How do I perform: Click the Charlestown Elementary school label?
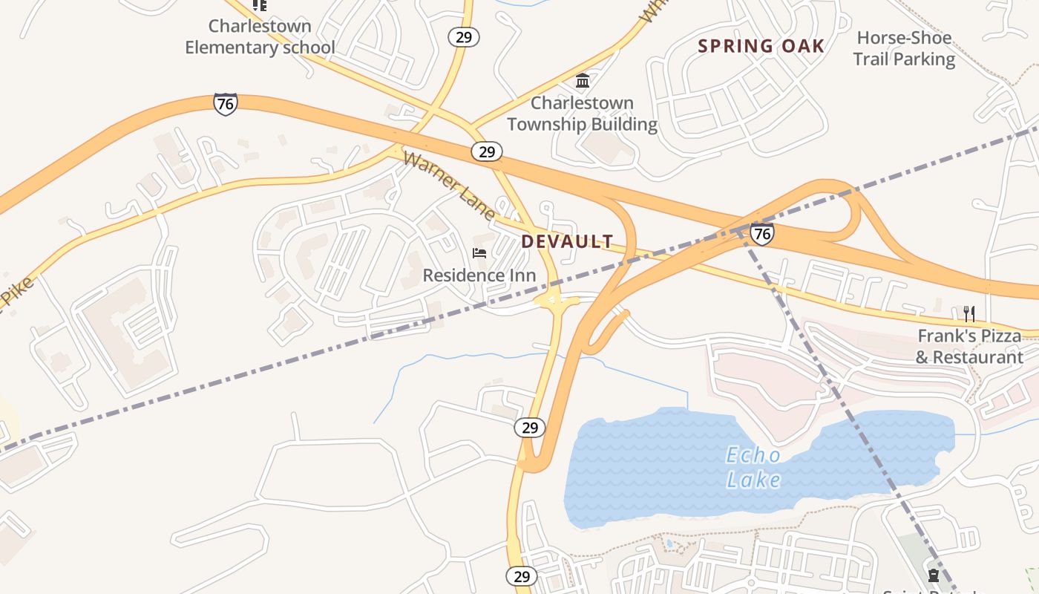pyautogui.click(x=260, y=36)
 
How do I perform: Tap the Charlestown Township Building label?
pyautogui.click(x=583, y=113)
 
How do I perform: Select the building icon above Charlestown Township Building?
pyautogui.click(x=583, y=80)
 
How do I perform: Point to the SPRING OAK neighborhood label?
pyautogui.click(x=761, y=46)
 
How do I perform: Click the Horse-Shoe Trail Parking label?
pyautogui.click(x=903, y=48)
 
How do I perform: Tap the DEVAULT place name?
pyautogui.click(x=567, y=241)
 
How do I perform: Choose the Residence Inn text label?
pyautogui.click(x=479, y=275)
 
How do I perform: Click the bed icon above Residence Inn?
pyautogui.click(x=479, y=253)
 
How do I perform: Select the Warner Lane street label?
pyautogui.click(x=449, y=186)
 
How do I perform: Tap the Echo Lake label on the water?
pyautogui.click(x=753, y=468)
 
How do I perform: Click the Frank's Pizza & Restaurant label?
pyautogui.click(x=969, y=346)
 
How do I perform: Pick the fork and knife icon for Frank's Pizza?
pyautogui.click(x=968, y=313)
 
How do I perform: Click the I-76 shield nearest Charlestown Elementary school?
pyautogui.click(x=225, y=103)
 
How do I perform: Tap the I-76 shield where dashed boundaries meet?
pyautogui.click(x=761, y=234)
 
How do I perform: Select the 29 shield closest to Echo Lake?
pyautogui.click(x=529, y=428)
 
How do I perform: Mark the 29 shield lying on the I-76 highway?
pyautogui.click(x=486, y=151)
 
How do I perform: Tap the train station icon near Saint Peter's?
pyautogui.click(x=933, y=575)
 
